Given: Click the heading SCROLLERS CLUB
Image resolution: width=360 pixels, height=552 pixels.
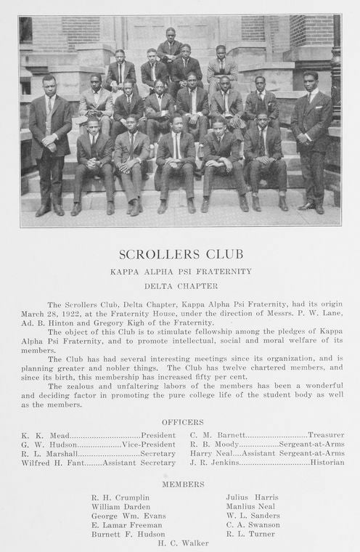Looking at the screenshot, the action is [181, 254].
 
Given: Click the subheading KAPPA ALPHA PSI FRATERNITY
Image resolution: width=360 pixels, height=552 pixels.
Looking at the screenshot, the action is [181, 272].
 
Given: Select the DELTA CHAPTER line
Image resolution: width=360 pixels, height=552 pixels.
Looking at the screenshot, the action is [181, 285].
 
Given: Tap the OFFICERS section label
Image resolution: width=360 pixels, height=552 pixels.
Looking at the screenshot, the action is [182, 422].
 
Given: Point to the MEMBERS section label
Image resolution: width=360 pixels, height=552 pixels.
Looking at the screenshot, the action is [183, 484].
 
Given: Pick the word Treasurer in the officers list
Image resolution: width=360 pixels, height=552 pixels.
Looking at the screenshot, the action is [326, 435].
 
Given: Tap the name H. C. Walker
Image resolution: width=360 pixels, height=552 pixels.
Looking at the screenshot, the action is [183, 543].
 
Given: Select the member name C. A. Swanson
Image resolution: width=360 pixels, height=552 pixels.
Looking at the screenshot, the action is [253, 525].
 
